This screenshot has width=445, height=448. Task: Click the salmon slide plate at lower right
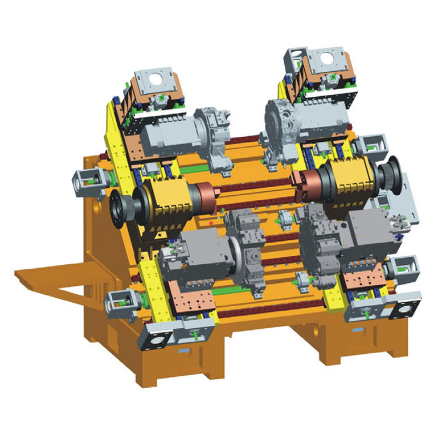pyautogui.click(x=362, y=276)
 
